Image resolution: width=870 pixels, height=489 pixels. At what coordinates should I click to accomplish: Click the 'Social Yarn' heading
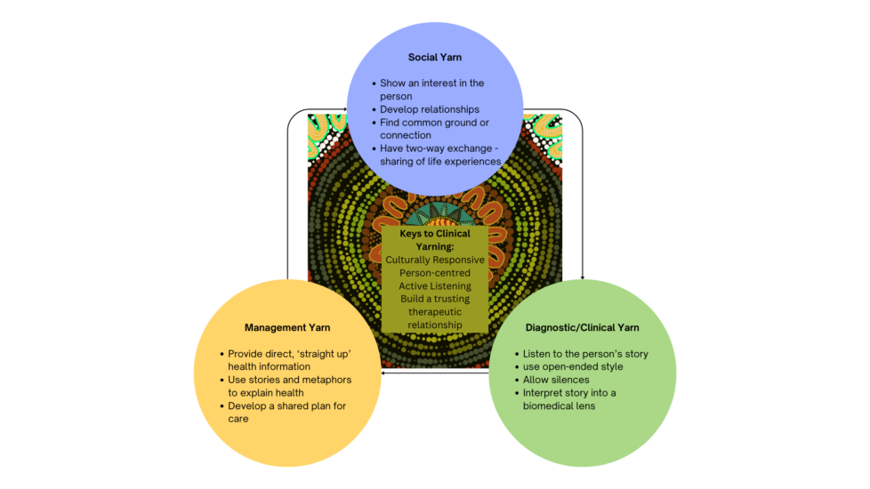[x=434, y=57]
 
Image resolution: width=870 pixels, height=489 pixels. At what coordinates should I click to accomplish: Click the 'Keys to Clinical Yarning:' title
[x=435, y=240]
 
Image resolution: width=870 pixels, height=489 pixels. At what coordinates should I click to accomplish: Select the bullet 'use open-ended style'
[x=573, y=366]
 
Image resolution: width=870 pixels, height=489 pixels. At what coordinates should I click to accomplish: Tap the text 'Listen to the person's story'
[x=585, y=354]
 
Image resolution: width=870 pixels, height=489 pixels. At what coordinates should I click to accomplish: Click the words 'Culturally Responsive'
[x=435, y=260]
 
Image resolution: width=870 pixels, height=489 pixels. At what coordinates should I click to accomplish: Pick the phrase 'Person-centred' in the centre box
[x=435, y=273]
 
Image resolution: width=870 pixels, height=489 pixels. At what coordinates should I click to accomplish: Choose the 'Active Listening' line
[x=435, y=286]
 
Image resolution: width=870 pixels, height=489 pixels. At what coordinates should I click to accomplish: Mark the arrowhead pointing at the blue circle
[x=343, y=109]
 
